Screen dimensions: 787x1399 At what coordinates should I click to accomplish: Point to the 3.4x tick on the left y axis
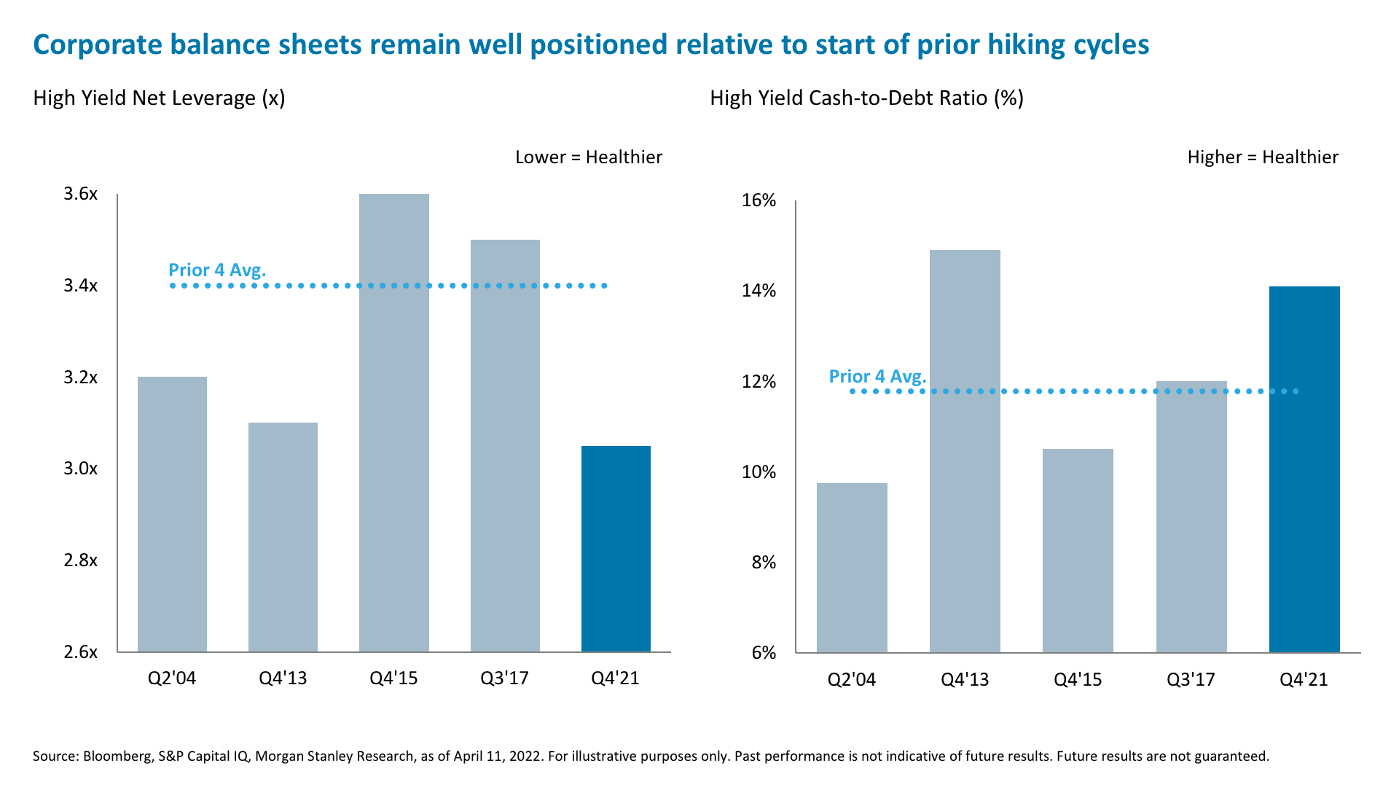pyautogui.click(x=80, y=286)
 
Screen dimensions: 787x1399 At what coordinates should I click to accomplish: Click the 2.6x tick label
pyautogui.click(x=80, y=652)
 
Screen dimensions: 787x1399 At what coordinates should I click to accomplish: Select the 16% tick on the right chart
pyautogui.click(x=759, y=200)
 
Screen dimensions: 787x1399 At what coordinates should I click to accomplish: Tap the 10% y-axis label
pyautogui.click(x=759, y=472)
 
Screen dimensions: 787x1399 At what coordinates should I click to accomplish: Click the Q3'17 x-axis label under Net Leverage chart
pyautogui.click(x=504, y=678)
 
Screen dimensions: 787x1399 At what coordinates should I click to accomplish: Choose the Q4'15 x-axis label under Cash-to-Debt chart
pyautogui.click(x=1078, y=680)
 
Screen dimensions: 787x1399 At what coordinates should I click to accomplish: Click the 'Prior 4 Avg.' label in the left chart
pyautogui.click(x=217, y=270)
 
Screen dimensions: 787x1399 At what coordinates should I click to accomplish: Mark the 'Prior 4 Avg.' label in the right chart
pyautogui.click(x=877, y=377)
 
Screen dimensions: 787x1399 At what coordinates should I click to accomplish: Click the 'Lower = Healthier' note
pyautogui.click(x=588, y=157)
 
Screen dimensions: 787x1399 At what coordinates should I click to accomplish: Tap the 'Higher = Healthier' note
pyautogui.click(x=1262, y=157)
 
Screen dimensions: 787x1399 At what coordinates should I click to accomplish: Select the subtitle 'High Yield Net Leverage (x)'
pyautogui.click(x=159, y=98)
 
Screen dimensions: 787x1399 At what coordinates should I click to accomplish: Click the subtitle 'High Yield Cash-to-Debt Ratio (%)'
pyautogui.click(x=866, y=98)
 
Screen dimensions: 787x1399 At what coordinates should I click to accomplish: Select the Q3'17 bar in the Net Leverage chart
pyautogui.click(x=505, y=445)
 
